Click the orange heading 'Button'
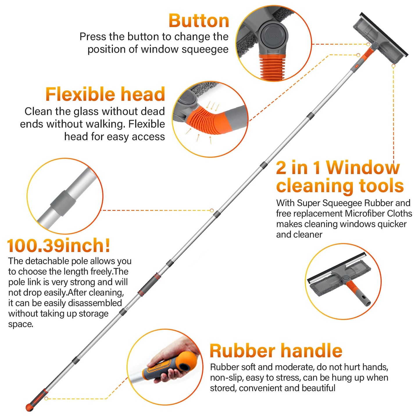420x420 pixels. [x=199, y=21]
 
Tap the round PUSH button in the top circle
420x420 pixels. [x=273, y=36]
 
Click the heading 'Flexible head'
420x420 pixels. [x=105, y=94]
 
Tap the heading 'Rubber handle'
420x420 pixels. [x=276, y=351]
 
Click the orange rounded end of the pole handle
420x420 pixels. [x=29, y=407]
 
